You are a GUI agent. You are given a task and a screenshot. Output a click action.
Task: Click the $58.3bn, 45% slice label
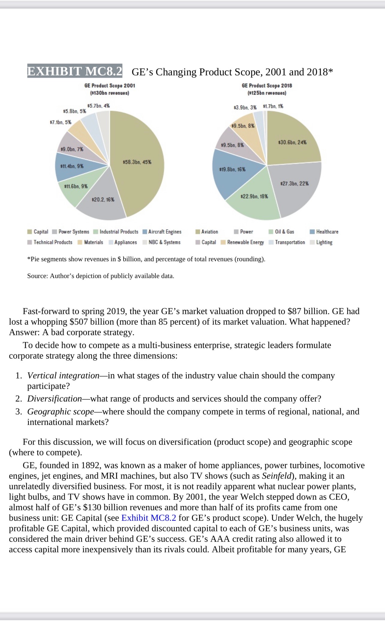pos(137,162)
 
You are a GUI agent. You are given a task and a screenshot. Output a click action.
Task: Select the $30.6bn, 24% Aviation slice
pos(292,142)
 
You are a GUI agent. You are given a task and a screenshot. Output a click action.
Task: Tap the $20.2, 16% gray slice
pos(103,199)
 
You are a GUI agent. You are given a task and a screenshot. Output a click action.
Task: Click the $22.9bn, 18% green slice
pos(254,197)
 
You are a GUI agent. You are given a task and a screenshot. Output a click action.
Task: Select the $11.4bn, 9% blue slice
pos(72,166)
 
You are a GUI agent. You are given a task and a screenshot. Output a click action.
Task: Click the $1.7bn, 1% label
pos(273,106)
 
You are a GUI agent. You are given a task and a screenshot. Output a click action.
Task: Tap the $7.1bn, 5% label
pos(60,122)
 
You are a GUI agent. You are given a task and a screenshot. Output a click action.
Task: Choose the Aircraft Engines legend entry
pos(162,232)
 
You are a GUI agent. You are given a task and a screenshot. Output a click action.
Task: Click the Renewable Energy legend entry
pos(242,242)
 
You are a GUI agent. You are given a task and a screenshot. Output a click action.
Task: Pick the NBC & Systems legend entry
pos(161,242)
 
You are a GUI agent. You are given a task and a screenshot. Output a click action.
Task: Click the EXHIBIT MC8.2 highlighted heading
pos(75,71)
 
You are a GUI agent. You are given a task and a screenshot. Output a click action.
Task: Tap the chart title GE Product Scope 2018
pos(267,86)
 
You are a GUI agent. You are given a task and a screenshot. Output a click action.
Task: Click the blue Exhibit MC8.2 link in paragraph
pos(149,518)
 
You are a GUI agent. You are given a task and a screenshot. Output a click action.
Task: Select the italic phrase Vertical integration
pos(63,375)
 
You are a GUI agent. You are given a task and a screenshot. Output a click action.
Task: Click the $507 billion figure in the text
pos(90,322)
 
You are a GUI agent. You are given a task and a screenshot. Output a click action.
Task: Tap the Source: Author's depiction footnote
pos(100,276)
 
